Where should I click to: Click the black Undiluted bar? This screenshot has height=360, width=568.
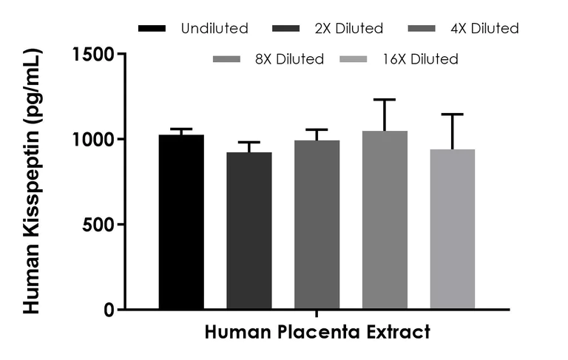pos(181,222)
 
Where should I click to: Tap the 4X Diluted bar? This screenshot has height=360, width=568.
pos(317,225)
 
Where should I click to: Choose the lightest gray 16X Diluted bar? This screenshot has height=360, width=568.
pos(453,229)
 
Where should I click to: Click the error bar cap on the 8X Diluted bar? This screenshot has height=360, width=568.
pos(385,100)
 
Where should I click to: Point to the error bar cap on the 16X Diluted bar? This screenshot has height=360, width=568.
pos(453,115)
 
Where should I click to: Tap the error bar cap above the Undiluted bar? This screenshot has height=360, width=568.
pos(181,129)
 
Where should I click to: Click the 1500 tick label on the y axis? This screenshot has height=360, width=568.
pos(94,54)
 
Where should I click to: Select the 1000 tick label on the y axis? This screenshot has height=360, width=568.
pos(94,139)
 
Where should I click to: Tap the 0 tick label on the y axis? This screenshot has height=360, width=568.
pos(108,310)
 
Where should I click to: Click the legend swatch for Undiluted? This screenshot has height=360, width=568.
pos(152,29)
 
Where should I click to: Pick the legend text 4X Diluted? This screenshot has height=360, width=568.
pos(484,29)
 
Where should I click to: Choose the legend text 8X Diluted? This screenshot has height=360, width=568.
pos(288,59)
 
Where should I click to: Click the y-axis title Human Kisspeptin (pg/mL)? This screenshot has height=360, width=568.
pos(33,181)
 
